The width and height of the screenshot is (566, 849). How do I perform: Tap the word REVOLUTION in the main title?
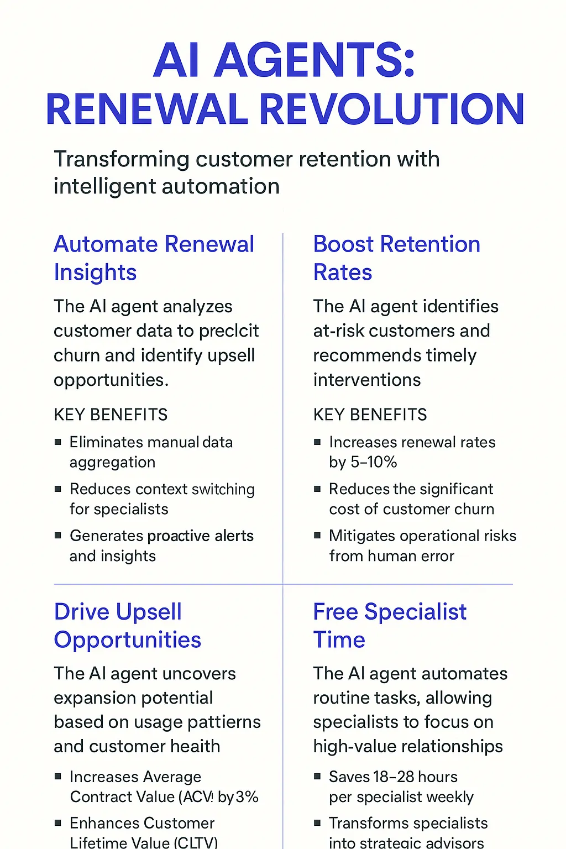[391, 109]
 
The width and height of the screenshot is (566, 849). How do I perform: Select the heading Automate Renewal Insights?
[154, 258]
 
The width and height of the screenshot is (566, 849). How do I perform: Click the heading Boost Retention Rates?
[396, 258]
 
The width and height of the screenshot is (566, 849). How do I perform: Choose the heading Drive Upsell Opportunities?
[127, 626]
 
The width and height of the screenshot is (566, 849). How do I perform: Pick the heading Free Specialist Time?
[389, 626]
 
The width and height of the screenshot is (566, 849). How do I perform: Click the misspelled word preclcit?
[229, 331]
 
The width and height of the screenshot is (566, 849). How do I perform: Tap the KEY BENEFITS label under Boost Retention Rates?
[370, 415]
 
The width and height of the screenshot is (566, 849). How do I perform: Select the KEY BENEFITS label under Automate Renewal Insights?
[111, 415]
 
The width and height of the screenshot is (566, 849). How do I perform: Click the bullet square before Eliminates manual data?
[57, 442]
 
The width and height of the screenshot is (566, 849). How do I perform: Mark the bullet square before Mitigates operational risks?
[317, 535]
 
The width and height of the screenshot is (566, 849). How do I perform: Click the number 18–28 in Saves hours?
[393, 777]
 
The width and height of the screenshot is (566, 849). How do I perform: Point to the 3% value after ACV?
[247, 797]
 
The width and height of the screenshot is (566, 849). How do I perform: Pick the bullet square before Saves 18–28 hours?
[317, 777]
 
